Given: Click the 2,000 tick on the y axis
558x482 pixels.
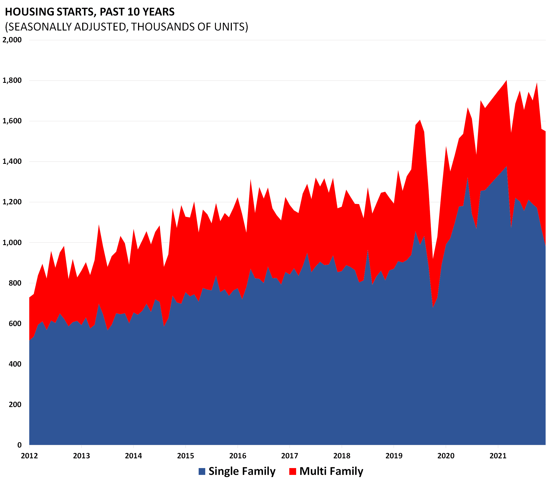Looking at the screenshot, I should tap(12, 40).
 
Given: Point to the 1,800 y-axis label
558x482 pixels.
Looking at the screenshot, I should tap(12, 80).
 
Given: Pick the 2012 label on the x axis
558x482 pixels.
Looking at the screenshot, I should tap(29, 456).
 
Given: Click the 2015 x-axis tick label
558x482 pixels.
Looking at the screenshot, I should tap(185, 456).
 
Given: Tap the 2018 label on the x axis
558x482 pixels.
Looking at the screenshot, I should tap(342, 456).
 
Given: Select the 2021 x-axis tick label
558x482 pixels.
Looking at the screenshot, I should tap(498, 456).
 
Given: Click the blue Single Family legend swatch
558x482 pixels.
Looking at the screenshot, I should tap(202, 471).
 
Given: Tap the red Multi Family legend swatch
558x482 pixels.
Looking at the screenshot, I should tap(293, 471).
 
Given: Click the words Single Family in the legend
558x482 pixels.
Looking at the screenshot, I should tap(242, 471).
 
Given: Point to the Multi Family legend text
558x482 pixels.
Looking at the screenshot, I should tap(331, 471).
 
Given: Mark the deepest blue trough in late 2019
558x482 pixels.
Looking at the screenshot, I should tap(433, 307).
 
